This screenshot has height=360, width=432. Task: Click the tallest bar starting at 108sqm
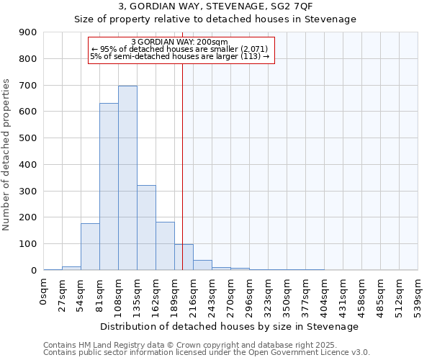tap(127, 178)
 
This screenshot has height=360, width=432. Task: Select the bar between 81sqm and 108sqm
tap(109, 186)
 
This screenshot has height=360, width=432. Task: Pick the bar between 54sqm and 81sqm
tap(90, 246)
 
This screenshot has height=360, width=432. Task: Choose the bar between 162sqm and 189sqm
tap(165, 246)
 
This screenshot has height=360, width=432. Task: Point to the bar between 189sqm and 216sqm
tap(184, 257)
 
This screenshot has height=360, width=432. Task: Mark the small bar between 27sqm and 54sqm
tap(71, 268)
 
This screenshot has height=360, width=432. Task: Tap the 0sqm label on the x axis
tap(44, 290)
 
